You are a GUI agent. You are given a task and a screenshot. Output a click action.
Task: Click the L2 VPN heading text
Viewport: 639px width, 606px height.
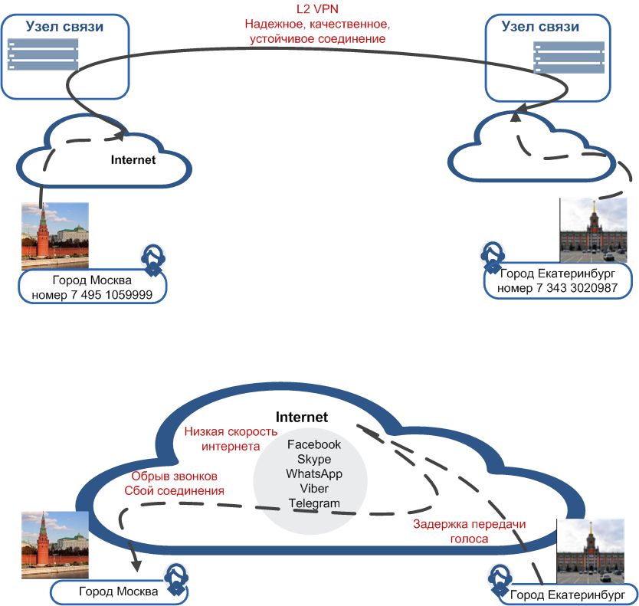318,10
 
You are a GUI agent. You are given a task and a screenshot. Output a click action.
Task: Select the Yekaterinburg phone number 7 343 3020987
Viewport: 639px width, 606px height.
553,287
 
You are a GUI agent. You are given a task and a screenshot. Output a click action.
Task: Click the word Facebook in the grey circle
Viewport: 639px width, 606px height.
313,444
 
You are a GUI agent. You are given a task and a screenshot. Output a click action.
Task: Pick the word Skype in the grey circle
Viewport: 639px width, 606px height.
313,459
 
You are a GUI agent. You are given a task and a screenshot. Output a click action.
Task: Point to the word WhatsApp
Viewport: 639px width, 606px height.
313,473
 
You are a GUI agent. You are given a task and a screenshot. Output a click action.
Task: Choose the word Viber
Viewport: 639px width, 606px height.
313,488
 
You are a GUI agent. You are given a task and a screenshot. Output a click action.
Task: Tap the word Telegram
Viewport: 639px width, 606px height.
313,503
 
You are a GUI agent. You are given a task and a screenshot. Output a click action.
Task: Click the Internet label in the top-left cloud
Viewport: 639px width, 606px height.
133,160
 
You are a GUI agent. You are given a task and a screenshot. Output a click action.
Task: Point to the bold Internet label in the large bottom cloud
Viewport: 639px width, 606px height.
302,418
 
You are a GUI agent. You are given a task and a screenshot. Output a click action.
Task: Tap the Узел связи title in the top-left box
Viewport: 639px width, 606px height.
64,27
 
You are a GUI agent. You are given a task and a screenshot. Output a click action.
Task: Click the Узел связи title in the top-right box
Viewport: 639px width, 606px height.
540,27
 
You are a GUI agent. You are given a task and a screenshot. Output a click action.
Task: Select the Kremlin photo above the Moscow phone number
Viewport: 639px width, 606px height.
54,235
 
